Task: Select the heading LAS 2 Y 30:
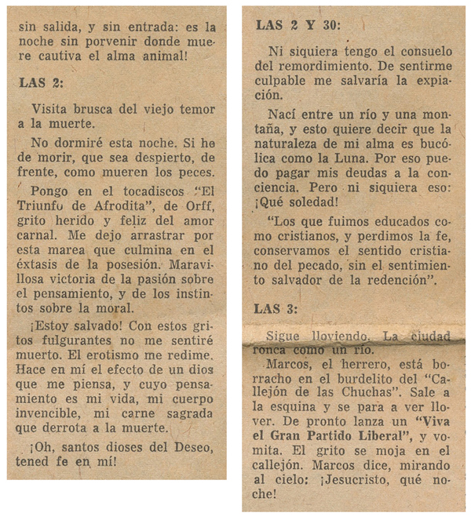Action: click(299, 25)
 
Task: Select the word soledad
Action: click(312, 198)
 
